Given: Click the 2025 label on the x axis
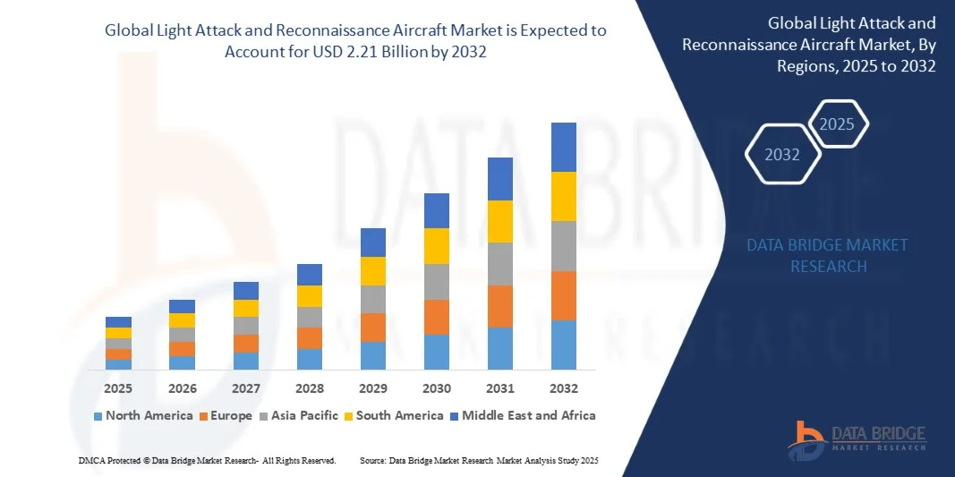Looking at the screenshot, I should [x=118, y=389].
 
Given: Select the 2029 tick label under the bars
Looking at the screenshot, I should [x=372, y=389].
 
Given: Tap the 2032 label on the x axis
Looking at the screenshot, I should [x=563, y=389].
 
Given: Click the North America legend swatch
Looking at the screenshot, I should [x=98, y=416].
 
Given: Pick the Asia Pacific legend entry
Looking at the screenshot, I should [x=298, y=415].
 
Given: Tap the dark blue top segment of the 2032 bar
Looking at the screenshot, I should [x=563, y=147].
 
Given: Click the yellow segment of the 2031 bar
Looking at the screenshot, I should [x=499, y=221].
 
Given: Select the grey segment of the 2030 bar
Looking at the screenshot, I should [x=436, y=281].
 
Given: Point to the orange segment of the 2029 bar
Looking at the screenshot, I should [x=372, y=327].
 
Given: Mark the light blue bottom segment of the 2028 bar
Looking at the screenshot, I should [x=309, y=359].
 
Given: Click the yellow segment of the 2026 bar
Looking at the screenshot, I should [x=182, y=320].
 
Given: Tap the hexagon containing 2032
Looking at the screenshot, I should [x=782, y=155].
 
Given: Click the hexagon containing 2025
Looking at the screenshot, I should [x=837, y=124].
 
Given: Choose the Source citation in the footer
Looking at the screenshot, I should [x=478, y=460].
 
